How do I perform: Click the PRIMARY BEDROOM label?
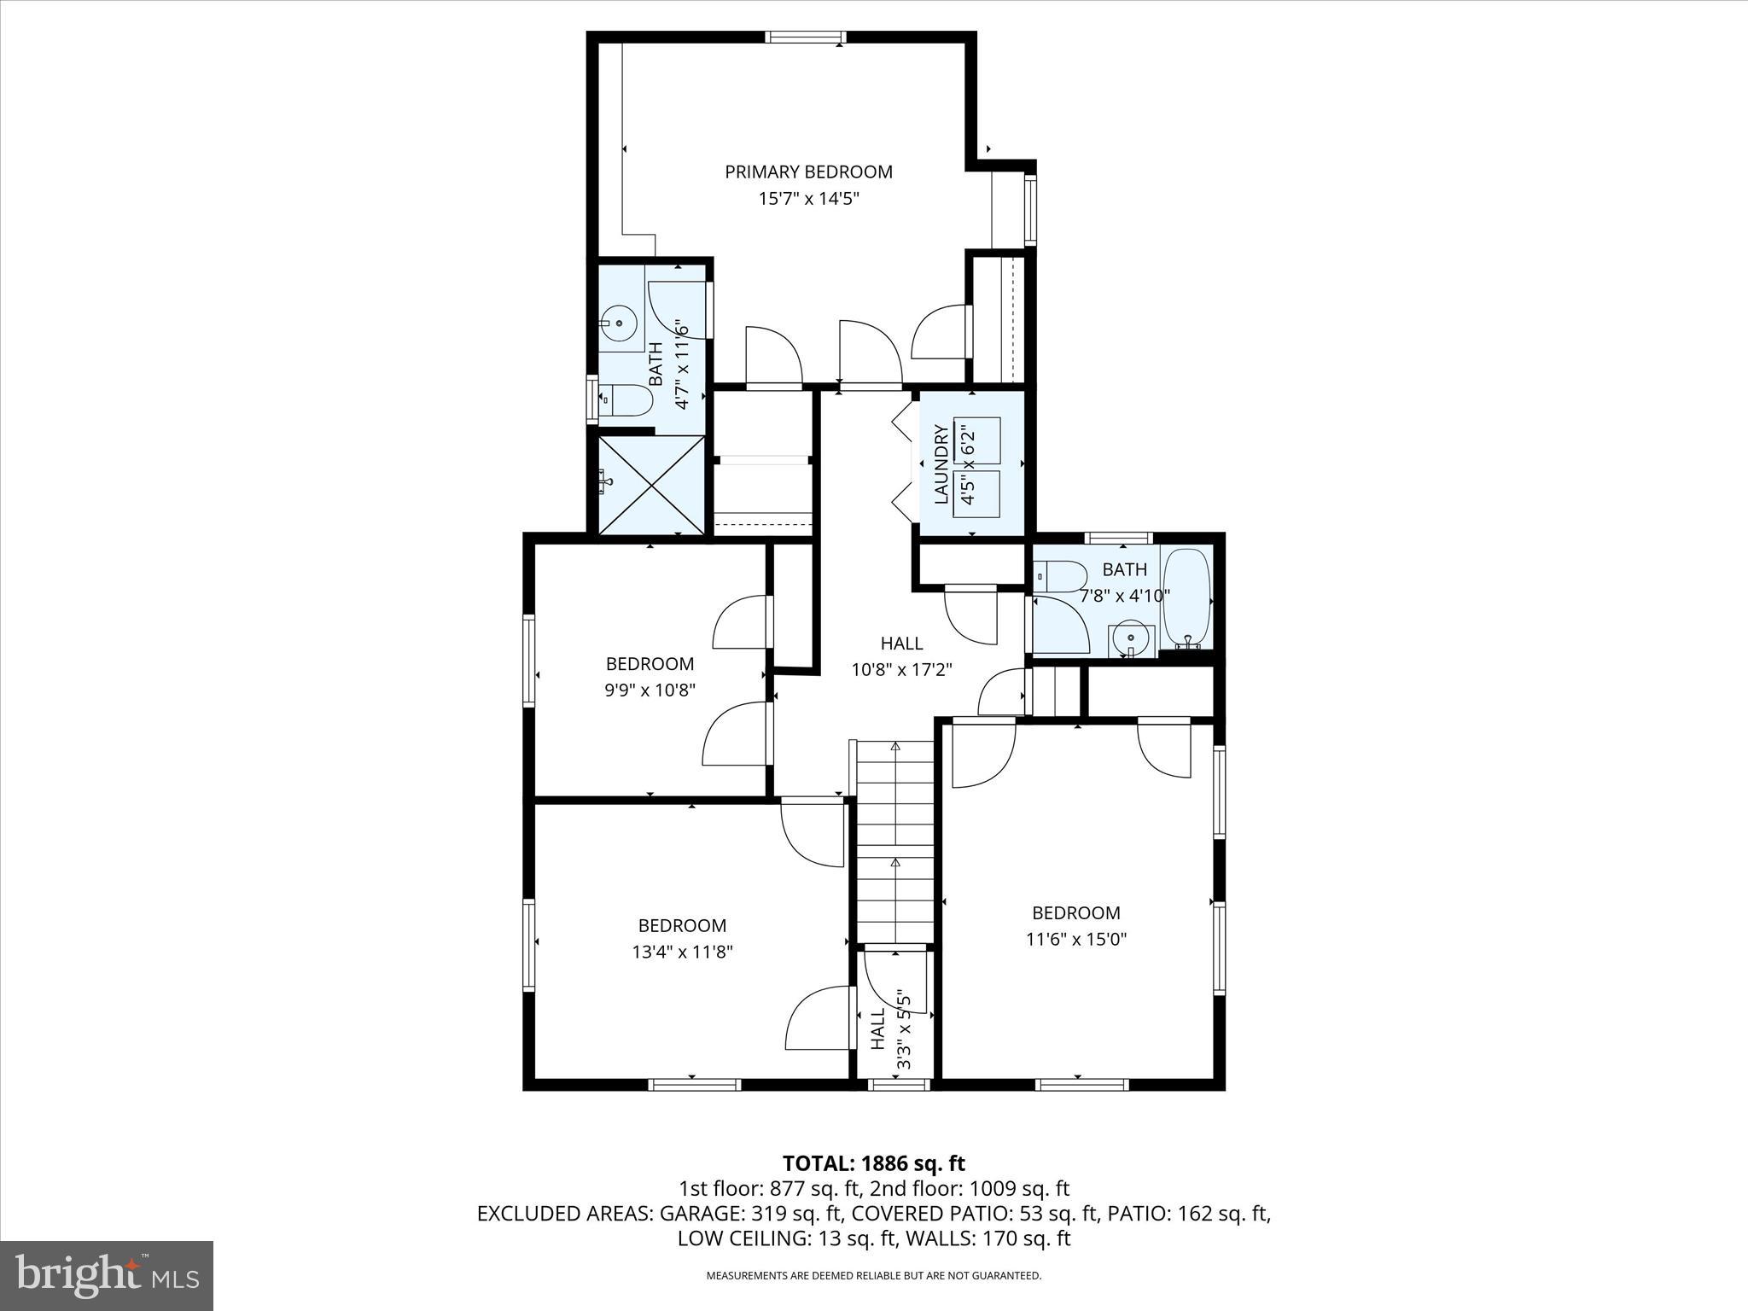tap(808, 172)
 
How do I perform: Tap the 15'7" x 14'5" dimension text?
tap(808, 199)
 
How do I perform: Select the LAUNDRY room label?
tap(941, 464)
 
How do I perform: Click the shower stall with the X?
tap(651, 485)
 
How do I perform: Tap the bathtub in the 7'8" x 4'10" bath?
tap(1187, 597)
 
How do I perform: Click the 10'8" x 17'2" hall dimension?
tap(901, 670)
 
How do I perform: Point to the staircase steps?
tap(895, 841)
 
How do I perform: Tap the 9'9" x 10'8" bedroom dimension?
tap(650, 690)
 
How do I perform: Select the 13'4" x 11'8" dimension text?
tap(682, 952)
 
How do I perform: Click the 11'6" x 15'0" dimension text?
tap(1075, 939)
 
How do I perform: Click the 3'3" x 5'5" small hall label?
tap(891, 1028)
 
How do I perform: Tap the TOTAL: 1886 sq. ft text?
tap(873, 1162)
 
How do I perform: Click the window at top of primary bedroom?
tap(806, 37)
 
